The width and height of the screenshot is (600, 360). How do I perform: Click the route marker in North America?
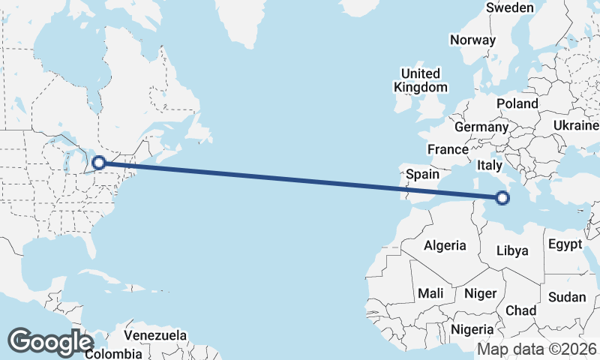[x=98, y=162]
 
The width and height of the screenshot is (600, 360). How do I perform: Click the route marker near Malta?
[x=502, y=198]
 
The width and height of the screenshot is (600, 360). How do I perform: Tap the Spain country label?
[x=422, y=174]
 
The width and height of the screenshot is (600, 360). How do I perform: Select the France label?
[x=448, y=149]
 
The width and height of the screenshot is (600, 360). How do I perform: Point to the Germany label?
[x=481, y=127]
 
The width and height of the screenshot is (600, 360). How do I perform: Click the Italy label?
[x=489, y=165]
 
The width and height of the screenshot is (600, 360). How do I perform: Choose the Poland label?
[x=517, y=103]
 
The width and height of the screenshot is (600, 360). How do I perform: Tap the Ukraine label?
[x=574, y=124]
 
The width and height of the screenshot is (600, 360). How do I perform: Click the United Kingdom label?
[x=421, y=80]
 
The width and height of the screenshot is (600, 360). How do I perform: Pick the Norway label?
[x=473, y=40]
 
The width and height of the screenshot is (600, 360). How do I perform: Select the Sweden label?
[x=510, y=7]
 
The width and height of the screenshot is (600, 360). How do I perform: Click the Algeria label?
[x=445, y=245]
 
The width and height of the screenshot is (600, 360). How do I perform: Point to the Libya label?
[x=518, y=250]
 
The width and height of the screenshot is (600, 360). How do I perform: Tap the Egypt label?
[x=565, y=244]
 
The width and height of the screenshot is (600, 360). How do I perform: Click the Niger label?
[x=481, y=293]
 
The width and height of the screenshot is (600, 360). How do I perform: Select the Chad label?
[x=521, y=310]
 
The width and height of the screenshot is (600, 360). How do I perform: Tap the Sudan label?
[x=567, y=297]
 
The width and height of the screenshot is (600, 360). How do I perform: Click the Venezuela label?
[x=155, y=334]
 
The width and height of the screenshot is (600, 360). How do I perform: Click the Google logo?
[x=50, y=341]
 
